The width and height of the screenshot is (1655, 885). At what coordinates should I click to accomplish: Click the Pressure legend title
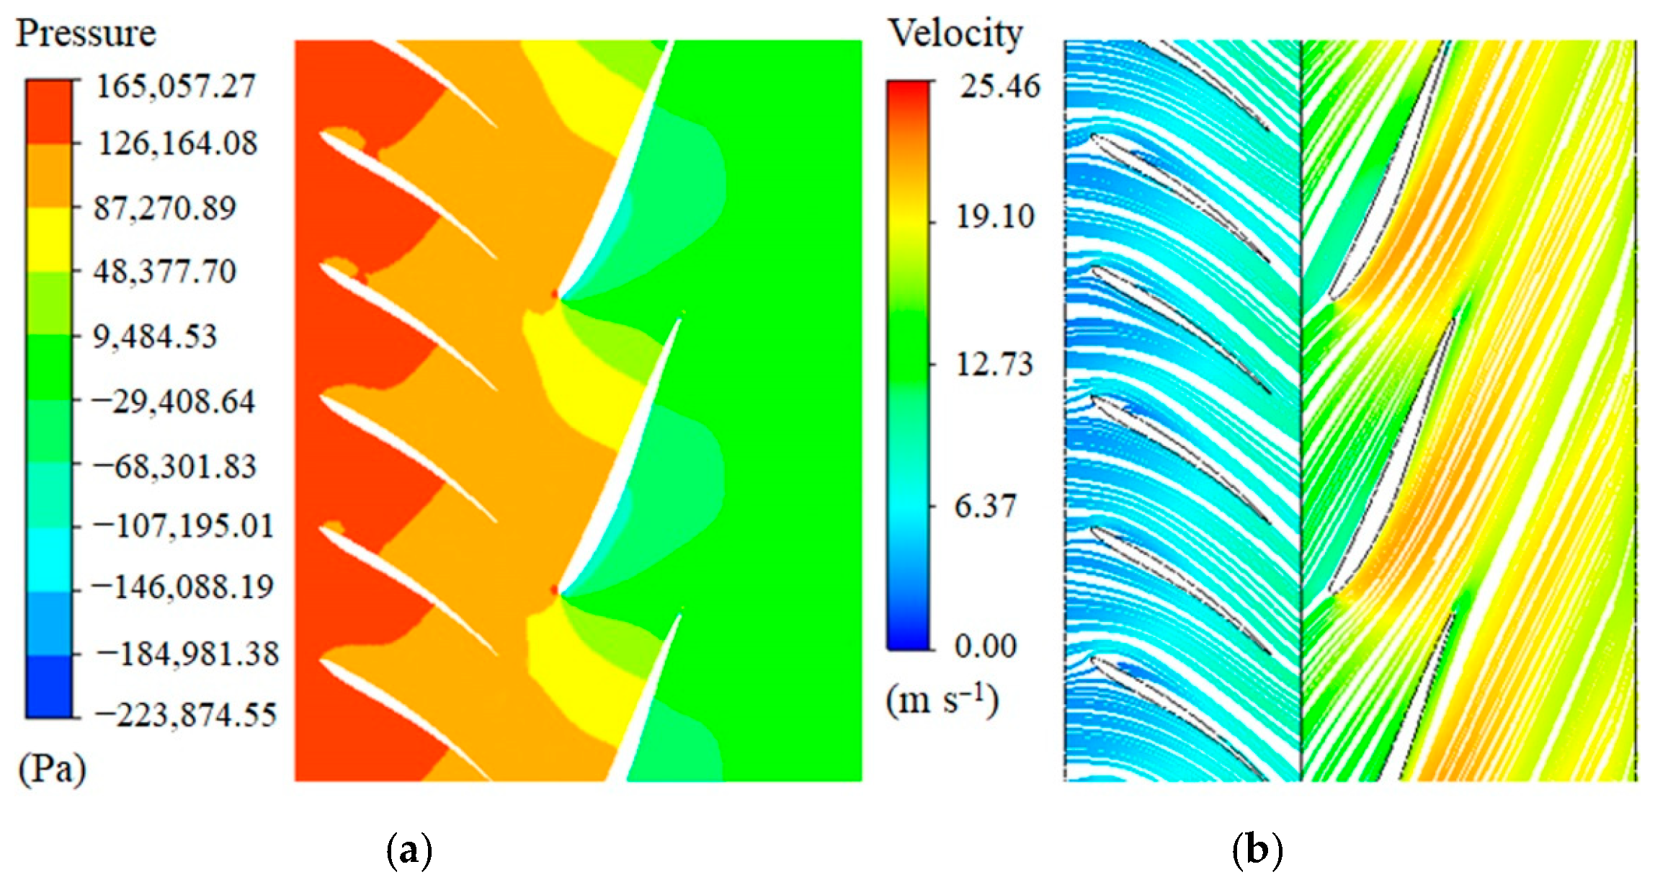coord(86,34)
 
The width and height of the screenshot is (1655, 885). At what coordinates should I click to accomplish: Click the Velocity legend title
coord(955,34)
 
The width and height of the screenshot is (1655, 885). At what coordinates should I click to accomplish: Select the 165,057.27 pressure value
coord(176,86)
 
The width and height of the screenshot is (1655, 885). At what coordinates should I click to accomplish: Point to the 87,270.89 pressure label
coord(165,208)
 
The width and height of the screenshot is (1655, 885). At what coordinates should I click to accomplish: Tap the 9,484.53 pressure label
coord(155,337)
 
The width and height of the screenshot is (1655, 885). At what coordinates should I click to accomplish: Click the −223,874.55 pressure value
coord(184,716)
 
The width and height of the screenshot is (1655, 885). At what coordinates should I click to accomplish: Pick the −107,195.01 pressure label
coord(183,526)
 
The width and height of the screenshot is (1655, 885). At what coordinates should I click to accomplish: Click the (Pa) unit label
coord(52,770)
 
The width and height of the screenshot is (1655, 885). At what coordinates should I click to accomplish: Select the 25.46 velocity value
coord(999,86)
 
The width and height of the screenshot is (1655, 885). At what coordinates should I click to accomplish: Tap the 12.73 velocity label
coord(994,364)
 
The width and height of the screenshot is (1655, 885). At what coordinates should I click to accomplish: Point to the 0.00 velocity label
coord(985,646)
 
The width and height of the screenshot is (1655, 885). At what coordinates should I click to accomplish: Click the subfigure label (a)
coord(409,851)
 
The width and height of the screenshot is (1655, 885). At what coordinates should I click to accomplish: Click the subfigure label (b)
coord(1257,851)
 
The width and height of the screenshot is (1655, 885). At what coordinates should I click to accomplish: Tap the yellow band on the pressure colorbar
coord(49,239)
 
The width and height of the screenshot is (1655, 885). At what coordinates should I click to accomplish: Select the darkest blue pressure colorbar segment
coord(49,686)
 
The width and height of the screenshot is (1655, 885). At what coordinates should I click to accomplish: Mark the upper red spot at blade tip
coord(554,294)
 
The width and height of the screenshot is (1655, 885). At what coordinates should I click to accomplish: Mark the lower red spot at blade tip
coord(554,590)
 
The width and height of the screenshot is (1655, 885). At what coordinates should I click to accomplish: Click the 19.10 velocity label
coord(994,216)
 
